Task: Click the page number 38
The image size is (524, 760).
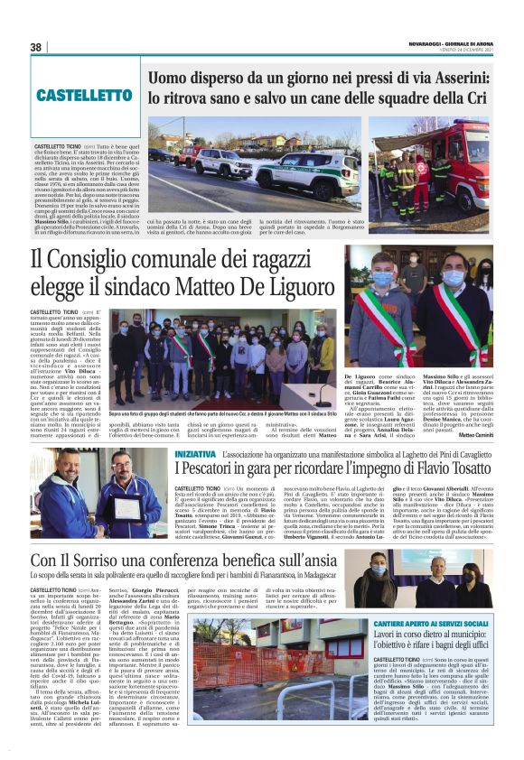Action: coord(36,47)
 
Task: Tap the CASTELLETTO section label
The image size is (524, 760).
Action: coord(86,95)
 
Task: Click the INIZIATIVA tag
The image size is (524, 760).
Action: coord(195,454)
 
